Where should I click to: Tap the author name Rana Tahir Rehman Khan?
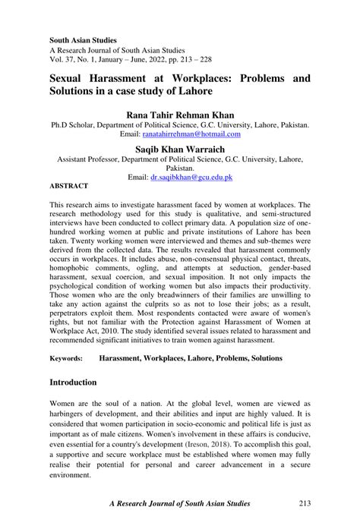(x=180, y=114)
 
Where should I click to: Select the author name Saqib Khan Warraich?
(x=180, y=150)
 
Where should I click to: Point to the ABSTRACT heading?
(x=69, y=186)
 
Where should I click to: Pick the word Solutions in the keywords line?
(x=257, y=357)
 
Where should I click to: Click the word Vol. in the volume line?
(x=58, y=58)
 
